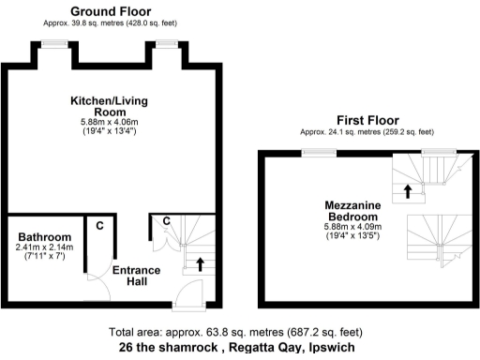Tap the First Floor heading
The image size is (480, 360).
click(367, 120)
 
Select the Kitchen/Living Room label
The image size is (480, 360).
click(110, 106)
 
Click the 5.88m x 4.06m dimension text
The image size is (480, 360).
click(110, 122)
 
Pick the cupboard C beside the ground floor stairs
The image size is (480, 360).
click(165, 221)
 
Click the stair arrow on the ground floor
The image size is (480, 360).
click(200, 263)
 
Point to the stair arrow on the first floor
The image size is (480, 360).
click(407, 192)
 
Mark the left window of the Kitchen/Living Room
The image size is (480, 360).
click(55, 44)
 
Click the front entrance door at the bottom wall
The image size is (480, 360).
click(187, 302)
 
